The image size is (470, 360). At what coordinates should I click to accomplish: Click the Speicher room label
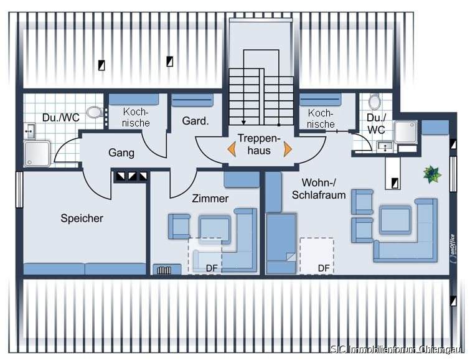point(82,218)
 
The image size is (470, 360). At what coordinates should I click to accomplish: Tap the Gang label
point(121,152)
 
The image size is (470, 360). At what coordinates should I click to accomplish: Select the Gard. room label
point(195,121)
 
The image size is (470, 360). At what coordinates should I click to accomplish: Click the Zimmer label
point(210,198)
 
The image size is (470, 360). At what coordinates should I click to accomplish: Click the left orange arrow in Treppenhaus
point(231,149)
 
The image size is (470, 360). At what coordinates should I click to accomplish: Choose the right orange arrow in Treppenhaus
point(288,149)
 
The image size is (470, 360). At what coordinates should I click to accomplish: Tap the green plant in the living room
point(431,174)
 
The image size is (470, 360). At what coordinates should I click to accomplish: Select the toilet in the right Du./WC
point(374,102)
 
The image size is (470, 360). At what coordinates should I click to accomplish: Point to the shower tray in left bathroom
point(37,153)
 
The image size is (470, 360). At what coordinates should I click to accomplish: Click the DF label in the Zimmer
point(212,268)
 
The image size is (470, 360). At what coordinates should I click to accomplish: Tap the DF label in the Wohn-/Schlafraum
point(324,268)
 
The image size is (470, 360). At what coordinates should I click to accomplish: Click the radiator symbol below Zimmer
point(165,270)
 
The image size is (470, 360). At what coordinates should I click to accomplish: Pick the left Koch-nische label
point(136,117)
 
